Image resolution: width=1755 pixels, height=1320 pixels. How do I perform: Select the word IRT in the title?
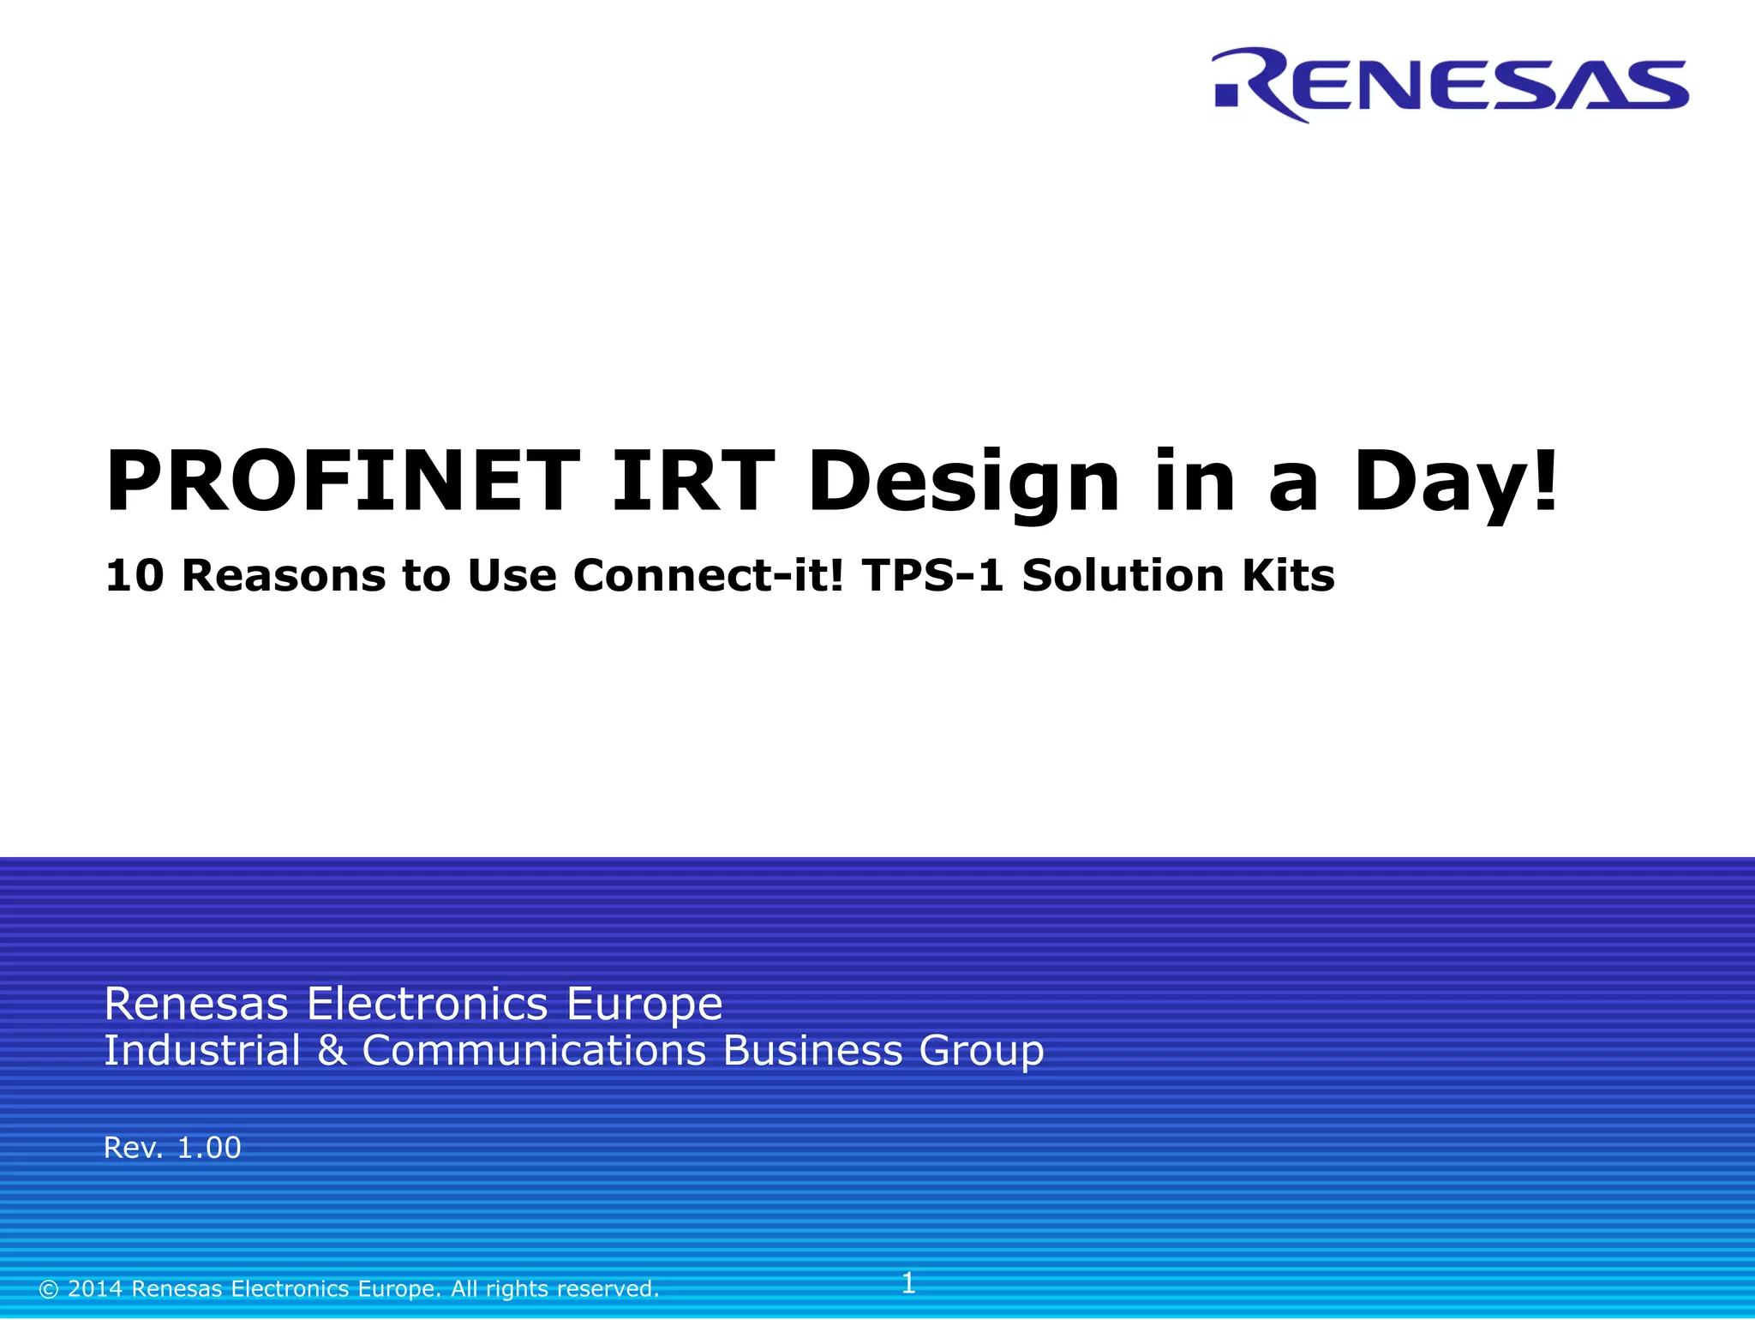click(692, 482)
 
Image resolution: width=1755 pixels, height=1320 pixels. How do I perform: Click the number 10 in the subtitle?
click(135, 575)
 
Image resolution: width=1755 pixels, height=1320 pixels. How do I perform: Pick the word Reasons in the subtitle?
click(284, 575)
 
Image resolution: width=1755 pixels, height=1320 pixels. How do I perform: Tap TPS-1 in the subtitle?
click(933, 575)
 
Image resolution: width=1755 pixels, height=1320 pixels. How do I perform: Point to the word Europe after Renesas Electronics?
click(644, 1004)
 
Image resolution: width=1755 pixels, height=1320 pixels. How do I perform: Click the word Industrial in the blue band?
click(202, 1051)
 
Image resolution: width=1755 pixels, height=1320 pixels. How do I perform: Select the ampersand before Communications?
click(332, 1051)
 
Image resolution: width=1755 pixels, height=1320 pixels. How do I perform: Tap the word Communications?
click(534, 1051)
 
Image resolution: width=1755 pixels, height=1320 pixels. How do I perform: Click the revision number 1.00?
click(208, 1148)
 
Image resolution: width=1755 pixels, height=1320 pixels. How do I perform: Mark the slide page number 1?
click(908, 1283)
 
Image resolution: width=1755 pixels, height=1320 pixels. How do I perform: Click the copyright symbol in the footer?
click(49, 1289)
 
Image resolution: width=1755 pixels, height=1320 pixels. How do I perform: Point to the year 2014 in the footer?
click(95, 1289)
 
